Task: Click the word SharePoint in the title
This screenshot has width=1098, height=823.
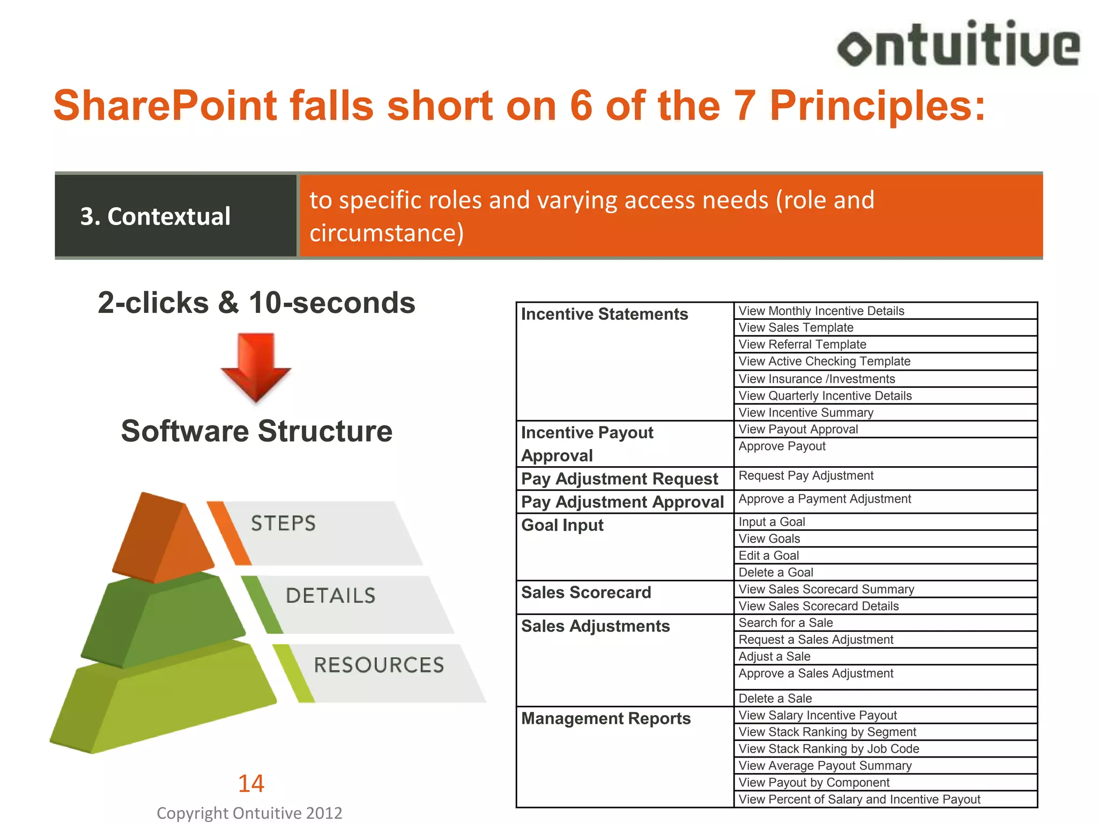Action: (165, 106)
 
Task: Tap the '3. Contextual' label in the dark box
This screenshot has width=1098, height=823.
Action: (155, 216)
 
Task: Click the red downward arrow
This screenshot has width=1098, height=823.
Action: (256, 367)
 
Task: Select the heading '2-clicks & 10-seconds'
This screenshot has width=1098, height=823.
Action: (256, 303)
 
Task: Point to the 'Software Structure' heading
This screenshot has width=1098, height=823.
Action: (256, 431)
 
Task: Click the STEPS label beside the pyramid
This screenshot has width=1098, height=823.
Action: (283, 523)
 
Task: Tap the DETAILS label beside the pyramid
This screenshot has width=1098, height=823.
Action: (330, 596)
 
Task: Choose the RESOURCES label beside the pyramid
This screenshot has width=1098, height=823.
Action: (379, 665)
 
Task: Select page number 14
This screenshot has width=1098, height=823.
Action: (251, 783)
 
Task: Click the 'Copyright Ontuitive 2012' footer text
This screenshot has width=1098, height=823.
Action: (249, 813)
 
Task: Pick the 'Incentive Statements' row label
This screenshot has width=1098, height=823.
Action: (604, 314)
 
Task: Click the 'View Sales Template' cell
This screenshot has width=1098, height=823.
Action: (796, 327)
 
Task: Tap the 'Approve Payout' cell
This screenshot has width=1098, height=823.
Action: (782, 446)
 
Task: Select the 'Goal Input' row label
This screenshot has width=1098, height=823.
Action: (562, 525)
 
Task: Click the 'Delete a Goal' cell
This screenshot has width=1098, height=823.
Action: (775, 572)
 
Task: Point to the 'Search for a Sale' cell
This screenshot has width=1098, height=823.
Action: (785, 623)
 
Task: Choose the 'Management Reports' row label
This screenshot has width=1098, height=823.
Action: (606, 719)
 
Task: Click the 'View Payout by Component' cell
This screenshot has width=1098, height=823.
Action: (814, 782)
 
